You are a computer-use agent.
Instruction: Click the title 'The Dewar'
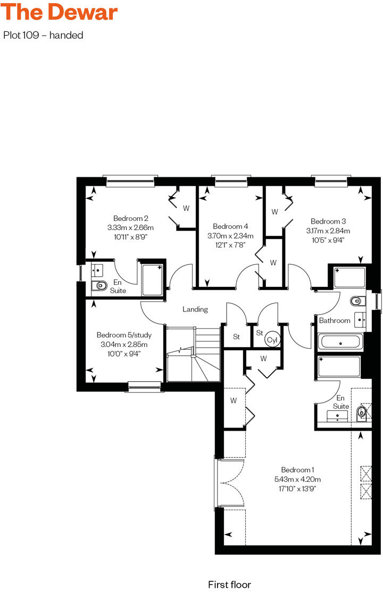(x=60, y=12)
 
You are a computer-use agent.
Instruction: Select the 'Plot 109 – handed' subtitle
(x=43, y=36)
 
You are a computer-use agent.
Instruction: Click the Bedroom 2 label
(x=130, y=218)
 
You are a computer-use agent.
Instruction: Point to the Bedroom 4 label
(x=230, y=226)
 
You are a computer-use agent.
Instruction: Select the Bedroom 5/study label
(x=124, y=335)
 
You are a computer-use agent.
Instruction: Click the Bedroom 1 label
(x=298, y=470)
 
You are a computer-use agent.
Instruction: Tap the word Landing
(x=195, y=309)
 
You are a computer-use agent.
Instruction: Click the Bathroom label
(x=335, y=320)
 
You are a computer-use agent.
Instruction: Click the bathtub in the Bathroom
(x=340, y=341)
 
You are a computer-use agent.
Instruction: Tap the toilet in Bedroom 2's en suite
(x=99, y=286)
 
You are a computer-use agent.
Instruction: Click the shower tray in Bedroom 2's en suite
(x=153, y=279)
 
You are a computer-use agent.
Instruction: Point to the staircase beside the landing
(x=193, y=354)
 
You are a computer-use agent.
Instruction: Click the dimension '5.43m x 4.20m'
(x=298, y=479)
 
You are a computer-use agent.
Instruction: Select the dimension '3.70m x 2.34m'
(x=230, y=235)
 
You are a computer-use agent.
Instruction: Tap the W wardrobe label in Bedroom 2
(x=186, y=208)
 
